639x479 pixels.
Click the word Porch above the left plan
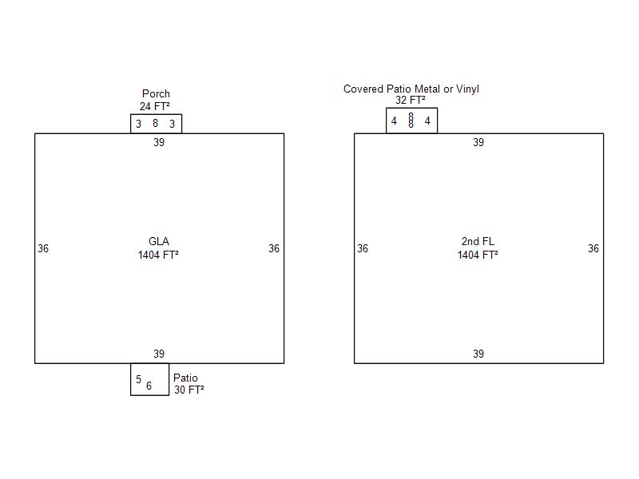[x=156, y=94]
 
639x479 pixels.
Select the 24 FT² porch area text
[x=155, y=106]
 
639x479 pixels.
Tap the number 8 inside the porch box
[x=155, y=124]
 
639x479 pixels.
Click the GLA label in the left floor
[x=159, y=242]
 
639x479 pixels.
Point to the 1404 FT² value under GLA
[x=158, y=255]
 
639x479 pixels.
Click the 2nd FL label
[x=478, y=242]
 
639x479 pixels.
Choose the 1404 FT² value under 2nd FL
[x=478, y=255]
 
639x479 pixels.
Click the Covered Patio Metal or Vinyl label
[x=411, y=89]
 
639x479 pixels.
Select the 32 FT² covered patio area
[x=411, y=101]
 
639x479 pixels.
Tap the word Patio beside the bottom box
[x=185, y=378]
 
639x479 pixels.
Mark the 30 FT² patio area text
[x=189, y=390]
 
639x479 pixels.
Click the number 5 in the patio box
[x=138, y=380]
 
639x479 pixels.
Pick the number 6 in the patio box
[x=149, y=386]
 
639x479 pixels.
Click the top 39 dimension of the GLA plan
[x=159, y=143]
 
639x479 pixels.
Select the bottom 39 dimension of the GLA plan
[x=159, y=354]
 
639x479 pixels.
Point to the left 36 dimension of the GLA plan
[x=43, y=249]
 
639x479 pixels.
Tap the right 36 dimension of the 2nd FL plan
[x=593, y=249]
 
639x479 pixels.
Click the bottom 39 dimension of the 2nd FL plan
[x=478, y=354]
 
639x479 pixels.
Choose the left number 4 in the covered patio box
[x=394, y=121]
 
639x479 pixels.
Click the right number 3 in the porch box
[x=172, y=124]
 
